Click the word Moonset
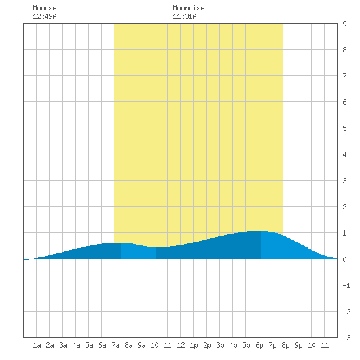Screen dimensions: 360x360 (46, 8)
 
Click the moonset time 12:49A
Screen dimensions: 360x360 (45, 16)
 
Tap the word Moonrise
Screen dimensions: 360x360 (189, 8)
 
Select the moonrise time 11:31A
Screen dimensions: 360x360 (185, 16)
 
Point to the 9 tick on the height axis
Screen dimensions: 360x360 (344, 24)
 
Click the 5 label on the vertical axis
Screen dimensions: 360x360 (344, 128)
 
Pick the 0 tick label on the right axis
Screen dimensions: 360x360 (344, 259)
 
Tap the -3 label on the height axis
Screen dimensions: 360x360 (346, 338)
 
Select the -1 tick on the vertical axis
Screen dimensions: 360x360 (346, 285)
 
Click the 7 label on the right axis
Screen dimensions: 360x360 (344, 76)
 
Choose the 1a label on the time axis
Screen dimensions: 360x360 (37, 345)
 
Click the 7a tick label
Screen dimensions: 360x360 (115, 345)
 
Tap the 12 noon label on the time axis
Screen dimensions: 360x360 (181, 345)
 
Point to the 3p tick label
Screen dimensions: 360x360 (220, 345)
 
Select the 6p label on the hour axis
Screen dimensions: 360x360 (259, 345)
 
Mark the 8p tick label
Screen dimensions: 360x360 (285, 345)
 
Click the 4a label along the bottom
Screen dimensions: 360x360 (76, 345)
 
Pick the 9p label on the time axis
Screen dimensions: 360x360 (298, 345)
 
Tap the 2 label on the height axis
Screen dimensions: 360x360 (344, 207)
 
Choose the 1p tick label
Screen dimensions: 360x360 (194, 345)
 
